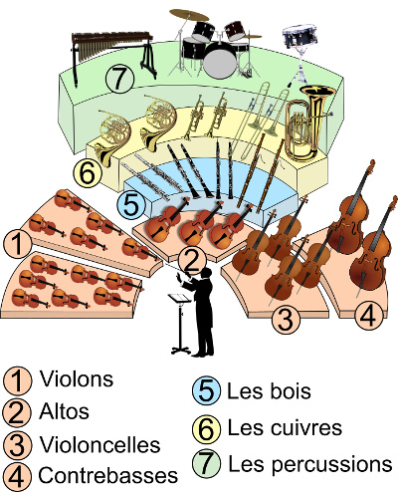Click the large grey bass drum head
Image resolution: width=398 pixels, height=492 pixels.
click(220, 64)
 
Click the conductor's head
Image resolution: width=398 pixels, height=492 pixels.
click(206, 273)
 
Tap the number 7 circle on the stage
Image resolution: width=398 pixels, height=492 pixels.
click(119, 79)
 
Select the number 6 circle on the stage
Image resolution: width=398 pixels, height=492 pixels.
click(88, 171)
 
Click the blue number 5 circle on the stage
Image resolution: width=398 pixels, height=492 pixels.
click(131, 204)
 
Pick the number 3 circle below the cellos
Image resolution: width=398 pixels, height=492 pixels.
click(286, 320)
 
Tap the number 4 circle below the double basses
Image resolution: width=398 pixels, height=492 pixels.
click(368, 316)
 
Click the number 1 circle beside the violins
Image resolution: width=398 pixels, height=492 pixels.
click(18, 243)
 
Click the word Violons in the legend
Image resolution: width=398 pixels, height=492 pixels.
click(77, 378)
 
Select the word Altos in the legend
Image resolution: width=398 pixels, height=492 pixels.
click(64, 411)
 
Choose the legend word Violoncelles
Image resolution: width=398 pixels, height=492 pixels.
click(99, 444)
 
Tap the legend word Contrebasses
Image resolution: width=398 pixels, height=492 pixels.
click(108, 475)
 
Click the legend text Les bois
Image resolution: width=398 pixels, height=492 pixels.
click(269, 391)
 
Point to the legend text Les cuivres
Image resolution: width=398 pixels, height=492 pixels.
click(285, 427)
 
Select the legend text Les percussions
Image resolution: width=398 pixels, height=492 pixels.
click(310, 464)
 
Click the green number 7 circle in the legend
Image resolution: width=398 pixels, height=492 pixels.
click(206, 463)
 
